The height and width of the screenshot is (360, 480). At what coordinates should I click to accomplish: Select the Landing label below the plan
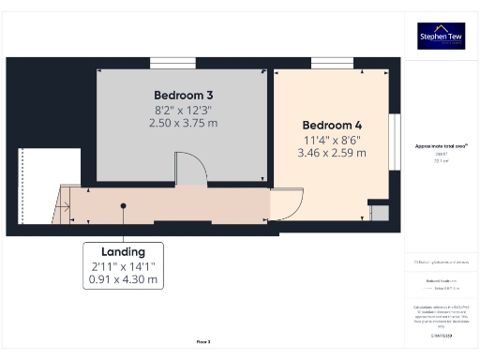click(x=123, y=251)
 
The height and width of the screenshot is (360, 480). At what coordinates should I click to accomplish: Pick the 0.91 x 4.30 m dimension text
click(x=123, y=279)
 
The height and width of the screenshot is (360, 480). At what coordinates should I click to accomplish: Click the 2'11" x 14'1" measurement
click(x=123, y=266)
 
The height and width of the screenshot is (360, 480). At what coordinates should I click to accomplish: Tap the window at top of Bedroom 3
click(x=173, y=63)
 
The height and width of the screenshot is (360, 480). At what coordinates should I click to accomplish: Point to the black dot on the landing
click(x=123, y=205)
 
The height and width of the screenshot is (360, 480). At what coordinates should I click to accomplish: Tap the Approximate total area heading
click(x=441, y=146)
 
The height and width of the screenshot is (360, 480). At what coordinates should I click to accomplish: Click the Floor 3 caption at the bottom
click(x=203, y=342)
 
